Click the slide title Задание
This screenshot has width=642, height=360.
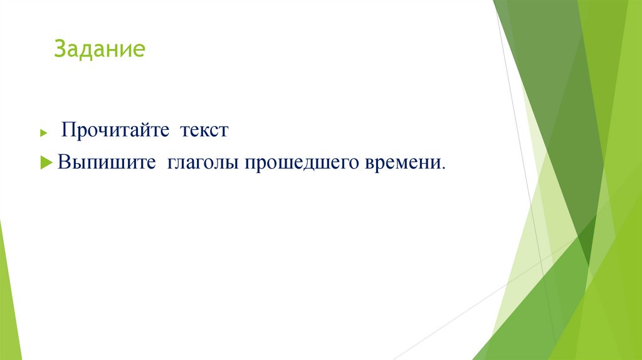99,49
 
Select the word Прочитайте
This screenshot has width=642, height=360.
116,131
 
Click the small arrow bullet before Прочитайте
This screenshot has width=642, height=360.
43,133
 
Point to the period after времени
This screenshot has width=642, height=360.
444,167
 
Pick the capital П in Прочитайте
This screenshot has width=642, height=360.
68,131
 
